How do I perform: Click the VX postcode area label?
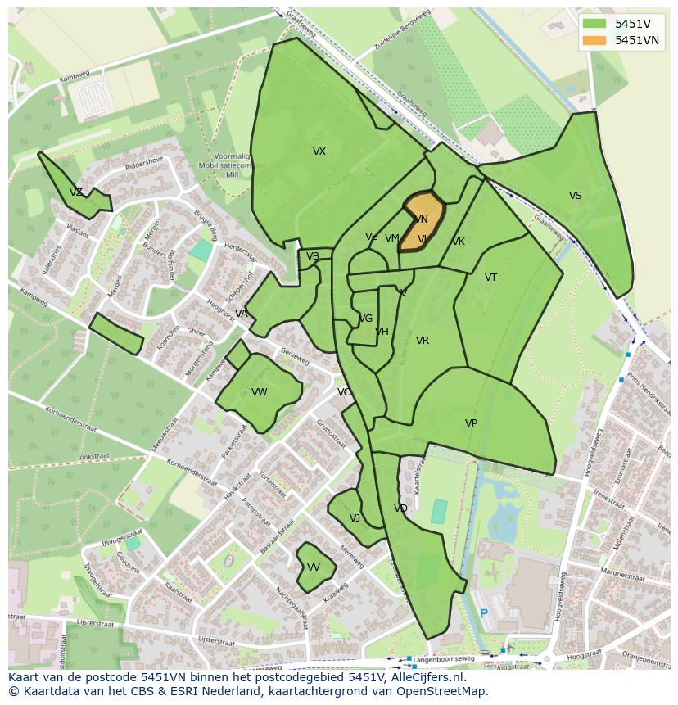(x=319, y=151)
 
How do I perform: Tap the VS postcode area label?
(x=576, y=196)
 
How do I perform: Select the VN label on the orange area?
(x=421, y=219)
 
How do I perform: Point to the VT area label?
(x=490, y=278)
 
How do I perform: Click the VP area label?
(x=471, y=423)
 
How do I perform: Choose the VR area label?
(x=423, y=341)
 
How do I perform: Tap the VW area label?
(x=260, y=392)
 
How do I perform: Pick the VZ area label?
(x=76, y=192)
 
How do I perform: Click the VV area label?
(x=314, y=567)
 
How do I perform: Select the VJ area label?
(x=355, y=518)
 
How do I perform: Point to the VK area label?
(x=459, y=242)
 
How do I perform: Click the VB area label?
(x=313, y=256)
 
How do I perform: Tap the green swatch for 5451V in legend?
(x=595, y=24)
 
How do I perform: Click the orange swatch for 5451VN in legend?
(x=595, y=40)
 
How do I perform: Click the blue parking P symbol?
(x=484, y=613)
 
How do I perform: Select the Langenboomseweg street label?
(x=444, y=658)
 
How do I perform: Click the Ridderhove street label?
(x=145, y=163)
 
